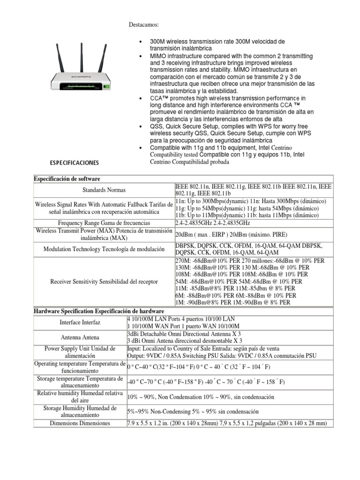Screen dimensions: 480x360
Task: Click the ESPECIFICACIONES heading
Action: (74, 163)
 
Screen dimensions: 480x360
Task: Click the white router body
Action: (80, 81)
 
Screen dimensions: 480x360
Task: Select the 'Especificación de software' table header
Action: (67, 179)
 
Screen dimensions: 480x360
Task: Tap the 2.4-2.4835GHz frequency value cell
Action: (212, 223)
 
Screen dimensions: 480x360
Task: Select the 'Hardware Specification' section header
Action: (98, 311)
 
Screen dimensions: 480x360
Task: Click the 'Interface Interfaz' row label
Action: (80, 322)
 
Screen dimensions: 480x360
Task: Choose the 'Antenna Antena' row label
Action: (80, 337)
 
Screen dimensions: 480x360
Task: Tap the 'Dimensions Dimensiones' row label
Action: (80, 423)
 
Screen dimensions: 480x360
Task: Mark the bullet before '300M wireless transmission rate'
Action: (141, 42)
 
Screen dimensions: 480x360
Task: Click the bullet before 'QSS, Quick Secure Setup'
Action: (141, 127)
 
